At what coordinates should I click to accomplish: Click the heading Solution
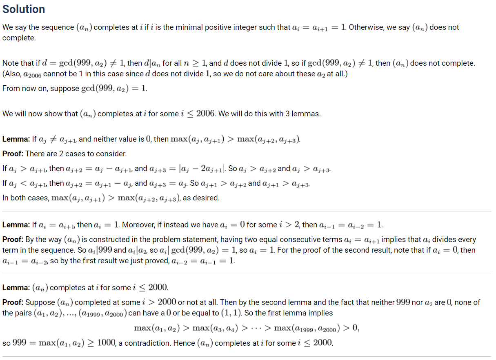tap(24, 9)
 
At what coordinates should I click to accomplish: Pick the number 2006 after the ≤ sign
tap(206, 113)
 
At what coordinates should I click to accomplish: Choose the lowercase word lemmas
tap(306, 114)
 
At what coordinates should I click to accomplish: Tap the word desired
tap(207, 198)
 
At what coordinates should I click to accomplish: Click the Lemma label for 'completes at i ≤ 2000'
tap(15, 288)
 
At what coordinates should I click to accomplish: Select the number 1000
tap(107, 343)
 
